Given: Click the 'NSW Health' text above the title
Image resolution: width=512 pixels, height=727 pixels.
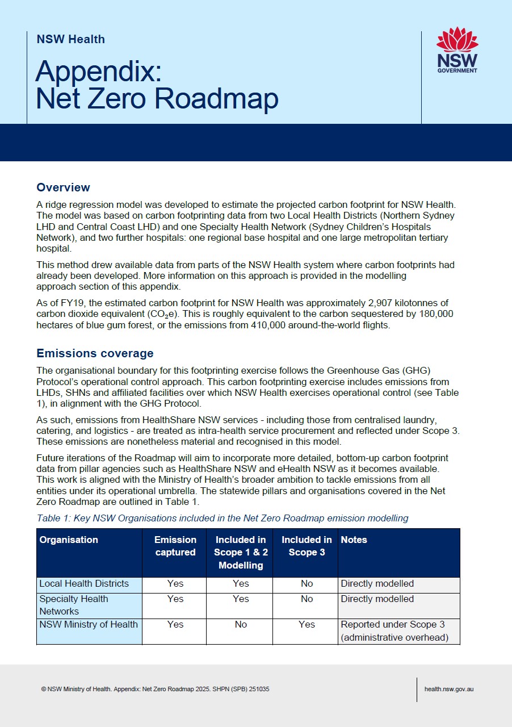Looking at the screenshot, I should click(70, 39).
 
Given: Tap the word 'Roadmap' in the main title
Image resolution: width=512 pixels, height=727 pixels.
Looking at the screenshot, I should click(217, 98).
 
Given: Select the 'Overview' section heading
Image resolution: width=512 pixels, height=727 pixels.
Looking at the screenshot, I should click(63, 187).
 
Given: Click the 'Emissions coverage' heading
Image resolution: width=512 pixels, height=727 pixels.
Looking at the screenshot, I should click(95, 353).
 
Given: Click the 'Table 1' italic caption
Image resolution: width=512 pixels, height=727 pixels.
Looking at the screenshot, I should click(222, 518).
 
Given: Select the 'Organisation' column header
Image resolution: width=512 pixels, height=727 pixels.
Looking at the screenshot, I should click(69, 540).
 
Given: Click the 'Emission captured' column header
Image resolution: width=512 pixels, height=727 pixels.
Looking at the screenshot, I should click(175, 546).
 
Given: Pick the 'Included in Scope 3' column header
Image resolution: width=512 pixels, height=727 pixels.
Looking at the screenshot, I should click(307, 546).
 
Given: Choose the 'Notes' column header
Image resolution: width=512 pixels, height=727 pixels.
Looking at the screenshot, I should click(354, 540).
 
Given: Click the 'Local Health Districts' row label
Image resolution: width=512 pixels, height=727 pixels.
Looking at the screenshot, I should click(84, 584).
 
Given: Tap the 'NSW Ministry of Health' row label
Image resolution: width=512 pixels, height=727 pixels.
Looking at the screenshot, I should click(89, 625).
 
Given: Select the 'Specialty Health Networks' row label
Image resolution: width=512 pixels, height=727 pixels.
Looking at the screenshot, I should click(74, 605).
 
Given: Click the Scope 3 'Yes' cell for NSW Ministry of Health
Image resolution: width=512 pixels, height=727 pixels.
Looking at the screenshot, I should click(307, 625).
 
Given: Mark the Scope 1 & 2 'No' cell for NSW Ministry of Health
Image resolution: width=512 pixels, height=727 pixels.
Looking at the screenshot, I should click(241, 625).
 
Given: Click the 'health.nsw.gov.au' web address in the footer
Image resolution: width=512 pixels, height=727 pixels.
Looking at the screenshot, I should click(449, 689).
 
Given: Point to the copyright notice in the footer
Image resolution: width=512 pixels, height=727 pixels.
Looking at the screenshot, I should click(155, 689).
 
